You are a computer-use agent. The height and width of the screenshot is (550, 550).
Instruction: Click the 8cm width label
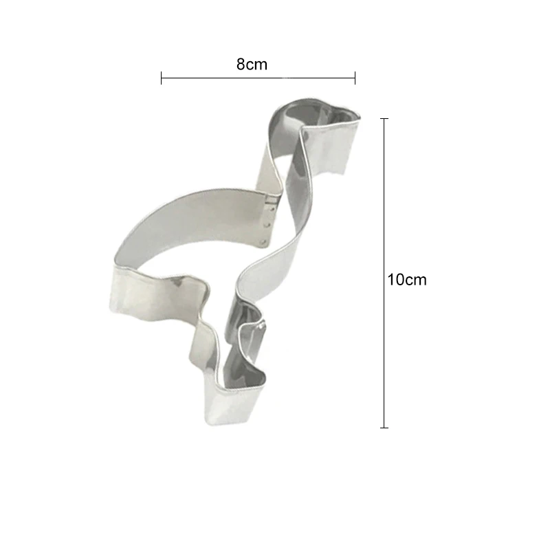[x=252, y=65]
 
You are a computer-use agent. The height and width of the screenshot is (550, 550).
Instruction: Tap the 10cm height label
[x=407, y=280]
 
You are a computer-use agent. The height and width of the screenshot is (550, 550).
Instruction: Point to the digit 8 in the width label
[x=241, y=65]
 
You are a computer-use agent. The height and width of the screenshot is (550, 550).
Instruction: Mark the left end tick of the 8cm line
[x=162, y=78]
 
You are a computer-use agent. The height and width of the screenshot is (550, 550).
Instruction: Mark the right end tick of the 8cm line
[x=355, y=78]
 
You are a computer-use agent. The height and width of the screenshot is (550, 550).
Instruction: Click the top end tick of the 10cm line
[x=384, y=119]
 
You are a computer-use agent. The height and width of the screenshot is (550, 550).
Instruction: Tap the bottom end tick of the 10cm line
[x=384, y=428]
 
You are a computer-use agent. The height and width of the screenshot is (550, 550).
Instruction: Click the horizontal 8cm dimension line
[x=258, y=78]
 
